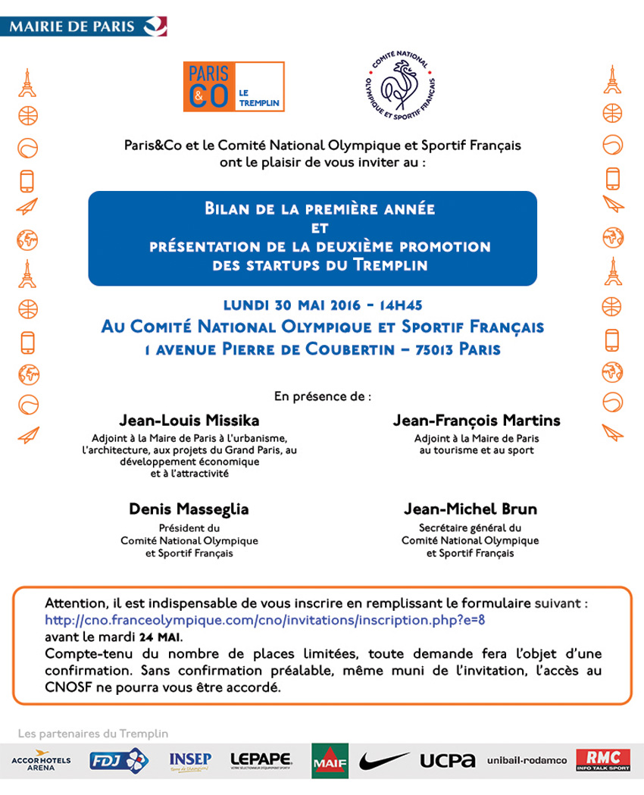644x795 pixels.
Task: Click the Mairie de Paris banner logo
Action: pos(84,26)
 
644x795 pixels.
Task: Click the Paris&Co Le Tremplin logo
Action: pos(233,87)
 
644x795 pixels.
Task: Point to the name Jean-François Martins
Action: pos(477,421)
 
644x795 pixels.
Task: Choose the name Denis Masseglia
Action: pos(189,509)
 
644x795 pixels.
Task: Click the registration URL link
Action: pos(264,620)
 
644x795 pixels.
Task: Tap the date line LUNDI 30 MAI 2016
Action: pos(322,305)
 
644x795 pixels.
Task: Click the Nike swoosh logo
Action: pos(384,760)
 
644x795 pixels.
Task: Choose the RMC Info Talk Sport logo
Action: pos(603,760)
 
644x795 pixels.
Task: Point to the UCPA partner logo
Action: pos(447,760)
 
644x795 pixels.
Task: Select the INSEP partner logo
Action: pos(190,760)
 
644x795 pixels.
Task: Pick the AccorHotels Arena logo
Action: pos(42,760)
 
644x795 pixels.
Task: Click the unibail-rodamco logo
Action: pos(527,760)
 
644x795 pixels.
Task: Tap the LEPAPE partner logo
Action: pos(261,760)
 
